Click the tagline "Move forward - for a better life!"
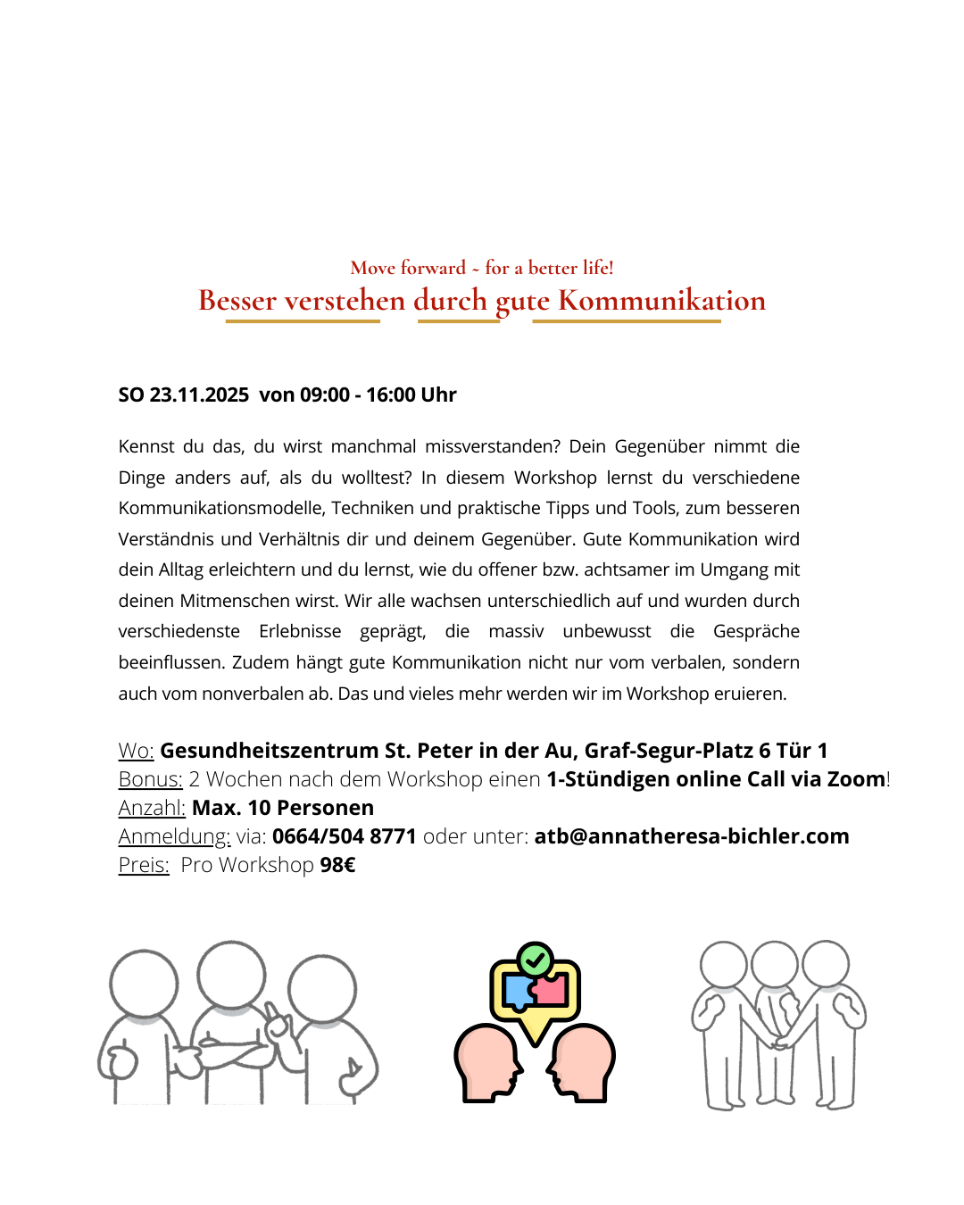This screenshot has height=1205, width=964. tap(482, 268)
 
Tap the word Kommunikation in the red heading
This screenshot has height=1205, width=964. tap(661, 301)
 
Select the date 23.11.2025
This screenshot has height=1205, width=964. tap(199, 395)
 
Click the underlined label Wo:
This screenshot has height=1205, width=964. tap(136, 751)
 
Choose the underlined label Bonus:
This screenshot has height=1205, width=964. tap(150, 779)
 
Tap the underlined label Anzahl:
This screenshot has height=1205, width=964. tap(152, 808)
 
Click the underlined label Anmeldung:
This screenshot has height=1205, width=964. tap(174, 836)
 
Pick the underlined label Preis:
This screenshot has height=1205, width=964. tap(144, 865)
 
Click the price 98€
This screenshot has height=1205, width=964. tap(337, 865)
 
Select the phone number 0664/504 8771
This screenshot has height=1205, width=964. tap(344, 836)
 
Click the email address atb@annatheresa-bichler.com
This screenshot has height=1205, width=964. tap(692, 836)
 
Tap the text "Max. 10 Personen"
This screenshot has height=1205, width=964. tap(283, 808)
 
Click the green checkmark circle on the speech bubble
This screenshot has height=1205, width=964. tap(535, 960)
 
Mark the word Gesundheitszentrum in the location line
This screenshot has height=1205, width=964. tap(269, 751)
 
